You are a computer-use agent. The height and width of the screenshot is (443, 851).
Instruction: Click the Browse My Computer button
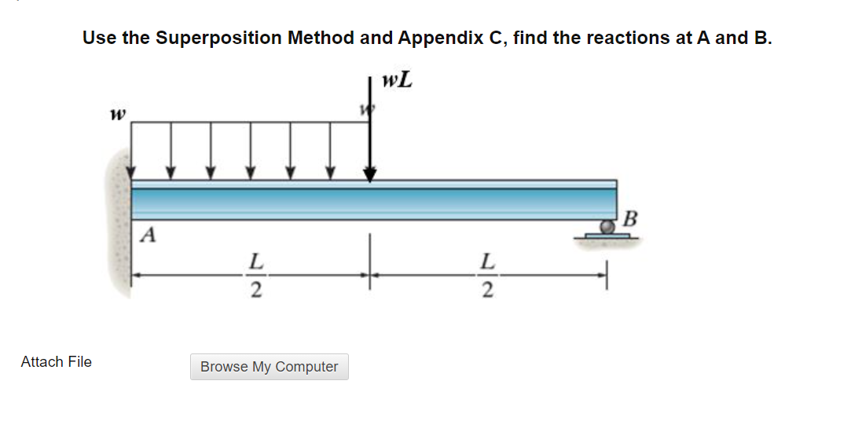269,367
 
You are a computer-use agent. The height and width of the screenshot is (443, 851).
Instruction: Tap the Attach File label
56,362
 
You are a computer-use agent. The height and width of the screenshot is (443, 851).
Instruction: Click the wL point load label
397,81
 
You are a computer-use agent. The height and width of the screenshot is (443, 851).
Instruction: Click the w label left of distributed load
119,115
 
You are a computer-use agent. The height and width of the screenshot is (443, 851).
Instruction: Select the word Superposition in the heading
219,38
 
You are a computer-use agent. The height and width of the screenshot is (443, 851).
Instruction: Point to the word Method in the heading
321,38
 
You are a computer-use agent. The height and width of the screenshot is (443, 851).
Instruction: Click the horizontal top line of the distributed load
251,122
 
